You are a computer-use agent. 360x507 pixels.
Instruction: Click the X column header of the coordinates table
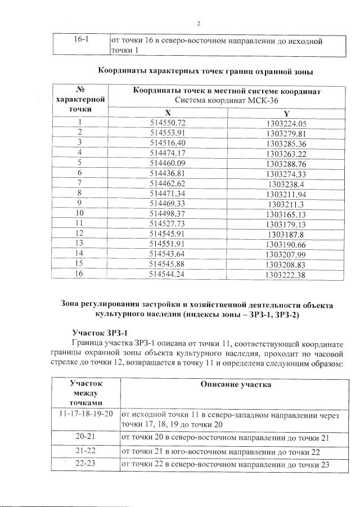(x=168, y=113)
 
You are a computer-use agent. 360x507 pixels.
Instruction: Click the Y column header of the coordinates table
(x=286, y=113)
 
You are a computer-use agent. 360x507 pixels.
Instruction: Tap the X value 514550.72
(x=168, y=123)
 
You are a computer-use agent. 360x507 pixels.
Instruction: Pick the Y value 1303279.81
(x=286, y=133)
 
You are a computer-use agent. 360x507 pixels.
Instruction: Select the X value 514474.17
(x=168, y=152)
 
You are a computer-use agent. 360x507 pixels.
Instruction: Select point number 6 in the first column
(x=80, y=173)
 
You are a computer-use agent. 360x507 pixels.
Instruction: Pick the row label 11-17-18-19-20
(x=86, y=414)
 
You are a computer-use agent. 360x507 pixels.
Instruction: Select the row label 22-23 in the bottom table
(x=86, y=464)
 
